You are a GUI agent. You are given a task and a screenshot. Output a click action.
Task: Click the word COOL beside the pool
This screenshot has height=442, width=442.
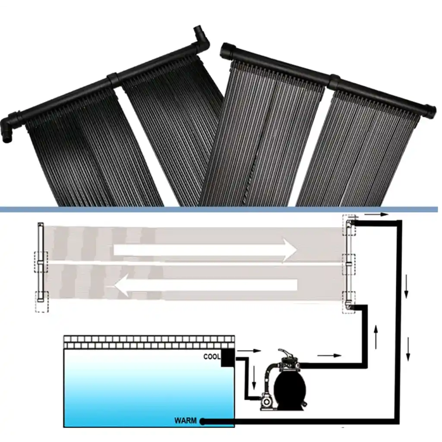click(x=212, y=357)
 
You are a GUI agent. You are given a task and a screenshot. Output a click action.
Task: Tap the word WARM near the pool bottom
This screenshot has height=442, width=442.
click(x=186, y=420)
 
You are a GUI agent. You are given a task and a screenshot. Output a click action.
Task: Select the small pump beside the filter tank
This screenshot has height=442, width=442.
click(x=266, y=402)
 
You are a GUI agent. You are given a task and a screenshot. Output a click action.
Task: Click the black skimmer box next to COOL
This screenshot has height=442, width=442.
click(x=227, y=358)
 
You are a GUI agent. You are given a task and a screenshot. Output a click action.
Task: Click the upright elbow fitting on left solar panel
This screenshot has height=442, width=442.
click(x=201, y=38)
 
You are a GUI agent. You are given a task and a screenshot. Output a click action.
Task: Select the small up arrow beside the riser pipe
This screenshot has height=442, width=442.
click(x=376, y=337)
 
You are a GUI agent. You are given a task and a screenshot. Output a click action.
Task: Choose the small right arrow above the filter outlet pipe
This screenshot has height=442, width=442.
click(x=330, y=355)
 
